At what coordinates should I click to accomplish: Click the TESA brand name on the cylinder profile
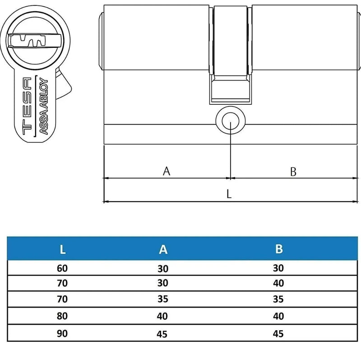[27, 106]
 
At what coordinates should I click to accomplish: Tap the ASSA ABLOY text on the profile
[44, 106]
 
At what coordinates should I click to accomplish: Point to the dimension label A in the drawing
[167, 171]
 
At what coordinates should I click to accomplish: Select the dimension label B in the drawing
[293, 172]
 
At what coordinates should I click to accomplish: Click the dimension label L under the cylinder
[229, 194]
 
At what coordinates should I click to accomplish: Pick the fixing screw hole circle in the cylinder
[231, 121]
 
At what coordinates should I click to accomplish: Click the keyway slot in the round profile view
[27, 41]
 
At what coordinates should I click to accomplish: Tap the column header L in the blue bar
[62, 249]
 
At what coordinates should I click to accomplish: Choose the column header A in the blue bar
[163, 249]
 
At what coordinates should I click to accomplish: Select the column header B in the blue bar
[279, 249]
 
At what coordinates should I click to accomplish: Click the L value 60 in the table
[62, 268]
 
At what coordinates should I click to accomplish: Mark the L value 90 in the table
[62, 333]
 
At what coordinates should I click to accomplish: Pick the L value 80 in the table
[62, 316]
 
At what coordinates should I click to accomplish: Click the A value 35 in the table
[163, 299]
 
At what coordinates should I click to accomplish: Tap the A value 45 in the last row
[162, 334]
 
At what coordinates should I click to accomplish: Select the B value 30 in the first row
[278, 268]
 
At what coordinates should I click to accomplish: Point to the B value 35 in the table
[278, 299]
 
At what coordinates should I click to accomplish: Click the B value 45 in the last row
[278, 334]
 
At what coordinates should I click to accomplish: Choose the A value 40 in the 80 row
[162, 316]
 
